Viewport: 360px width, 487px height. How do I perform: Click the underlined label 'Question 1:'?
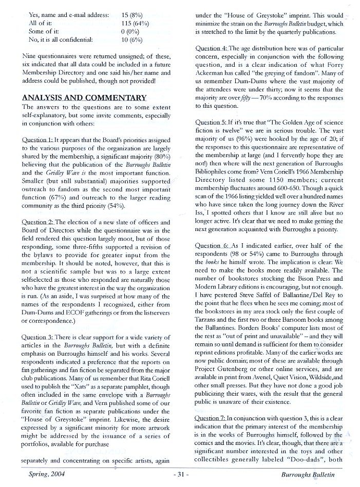coord(37,140)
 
